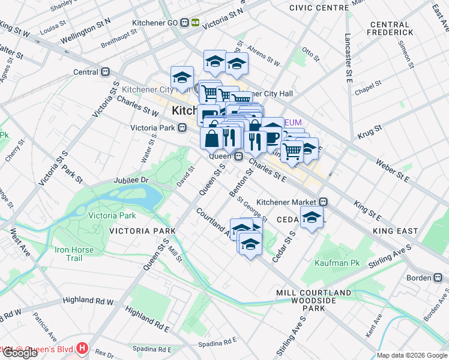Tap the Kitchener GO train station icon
[196, 22]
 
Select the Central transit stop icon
[106, 72]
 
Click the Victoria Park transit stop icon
[181, 127]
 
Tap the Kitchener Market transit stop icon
[323, 202]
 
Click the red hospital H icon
[82, 348]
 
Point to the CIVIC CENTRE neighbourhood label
[319, 8]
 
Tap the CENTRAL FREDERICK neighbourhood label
[392, 28]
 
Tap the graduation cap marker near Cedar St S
[312, 218]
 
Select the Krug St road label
[370, 130]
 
